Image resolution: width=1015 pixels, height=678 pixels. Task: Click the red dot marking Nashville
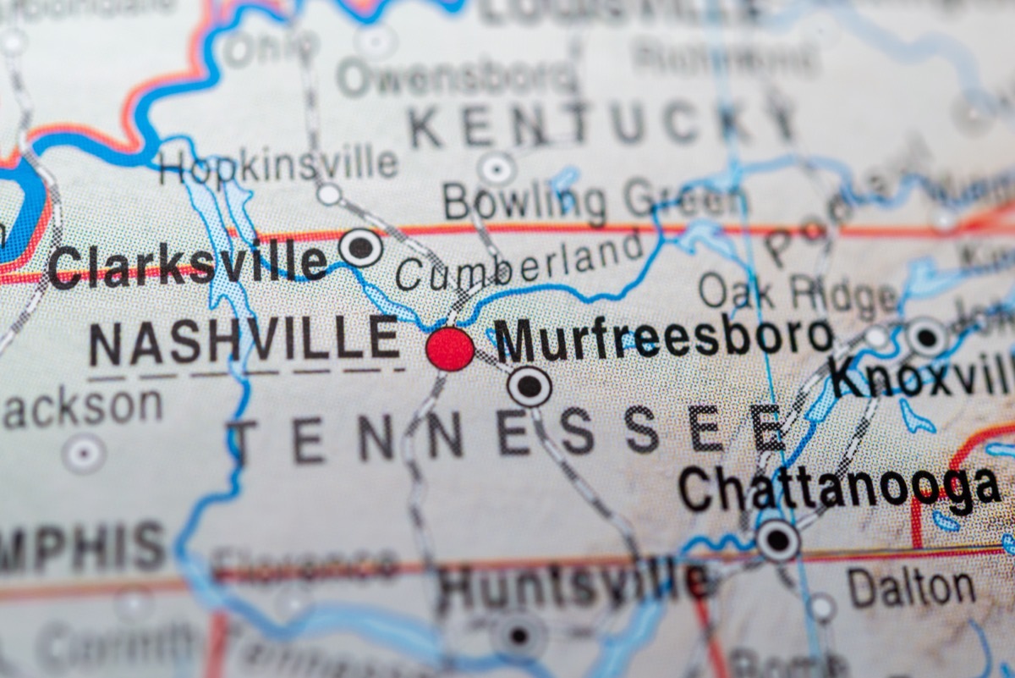tap(450, 349)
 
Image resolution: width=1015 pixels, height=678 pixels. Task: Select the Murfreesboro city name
tap(663, 338)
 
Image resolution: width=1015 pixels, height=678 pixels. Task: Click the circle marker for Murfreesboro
tap(529, 387)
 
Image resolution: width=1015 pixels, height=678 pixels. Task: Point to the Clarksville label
tap(187, 264)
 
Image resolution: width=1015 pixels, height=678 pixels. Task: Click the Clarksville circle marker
tap(360, 247)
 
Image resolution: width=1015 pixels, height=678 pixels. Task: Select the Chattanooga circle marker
tap(777, 539)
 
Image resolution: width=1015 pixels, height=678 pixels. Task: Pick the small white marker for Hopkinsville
tap(329, 194)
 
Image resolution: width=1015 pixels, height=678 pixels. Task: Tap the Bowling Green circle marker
tap(497, 168)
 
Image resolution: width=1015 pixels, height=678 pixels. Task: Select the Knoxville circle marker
tap(927, 337)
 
